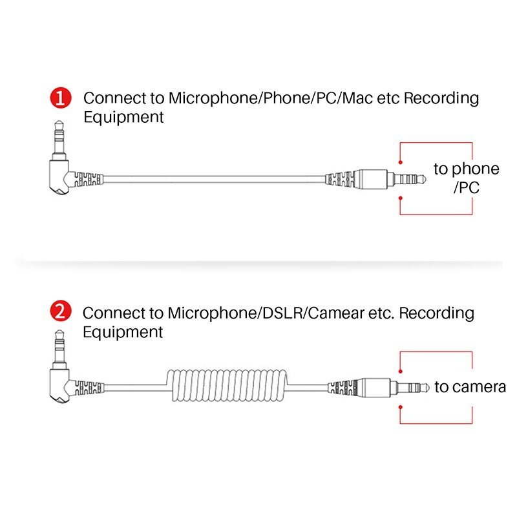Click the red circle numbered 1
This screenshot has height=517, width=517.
61,99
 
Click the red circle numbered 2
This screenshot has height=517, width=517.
61,313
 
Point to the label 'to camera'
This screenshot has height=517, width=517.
469,387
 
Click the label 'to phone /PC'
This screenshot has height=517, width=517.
466,178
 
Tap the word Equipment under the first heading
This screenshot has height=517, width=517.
123,118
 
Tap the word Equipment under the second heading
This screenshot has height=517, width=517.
123,332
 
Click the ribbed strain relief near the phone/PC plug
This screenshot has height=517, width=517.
339,178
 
